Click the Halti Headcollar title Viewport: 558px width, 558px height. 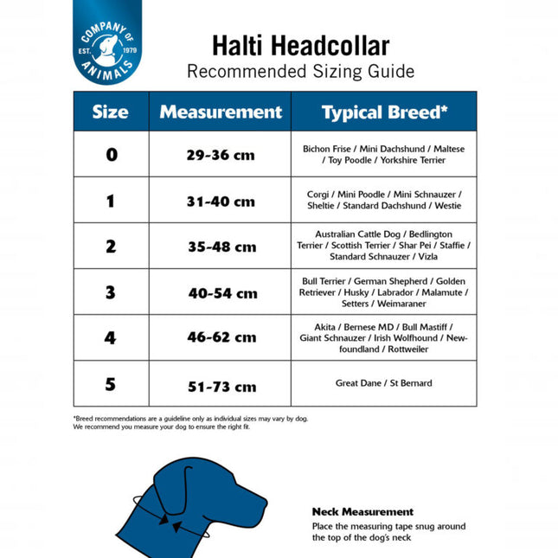[300, 46]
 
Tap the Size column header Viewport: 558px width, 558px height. [111, 112]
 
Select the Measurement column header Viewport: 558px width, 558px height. [221, 112]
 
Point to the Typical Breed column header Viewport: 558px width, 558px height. [384, 112]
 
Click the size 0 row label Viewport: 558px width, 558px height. [111, 155]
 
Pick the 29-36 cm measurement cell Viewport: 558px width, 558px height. [221, 156]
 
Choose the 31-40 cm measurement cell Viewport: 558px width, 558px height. [221, 202]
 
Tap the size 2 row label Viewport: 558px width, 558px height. [111, 247]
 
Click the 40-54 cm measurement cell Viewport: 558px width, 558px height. [221, 293]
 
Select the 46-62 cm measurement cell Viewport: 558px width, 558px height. [221, 337]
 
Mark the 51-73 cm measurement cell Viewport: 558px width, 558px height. [221, 386]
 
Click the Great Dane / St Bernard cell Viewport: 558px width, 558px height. [383, 383]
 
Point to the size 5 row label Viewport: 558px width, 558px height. [111, 384]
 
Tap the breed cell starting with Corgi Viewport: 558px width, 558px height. [383, 200]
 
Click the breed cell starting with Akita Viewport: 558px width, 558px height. [383, 337]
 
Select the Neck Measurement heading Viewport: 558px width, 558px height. [362, 511]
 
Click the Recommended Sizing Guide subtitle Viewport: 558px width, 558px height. [300, 71]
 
